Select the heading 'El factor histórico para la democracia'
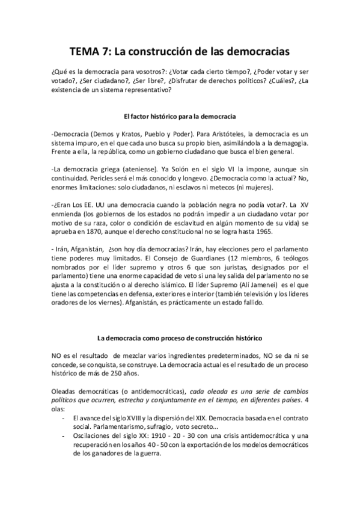coord(180,114)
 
